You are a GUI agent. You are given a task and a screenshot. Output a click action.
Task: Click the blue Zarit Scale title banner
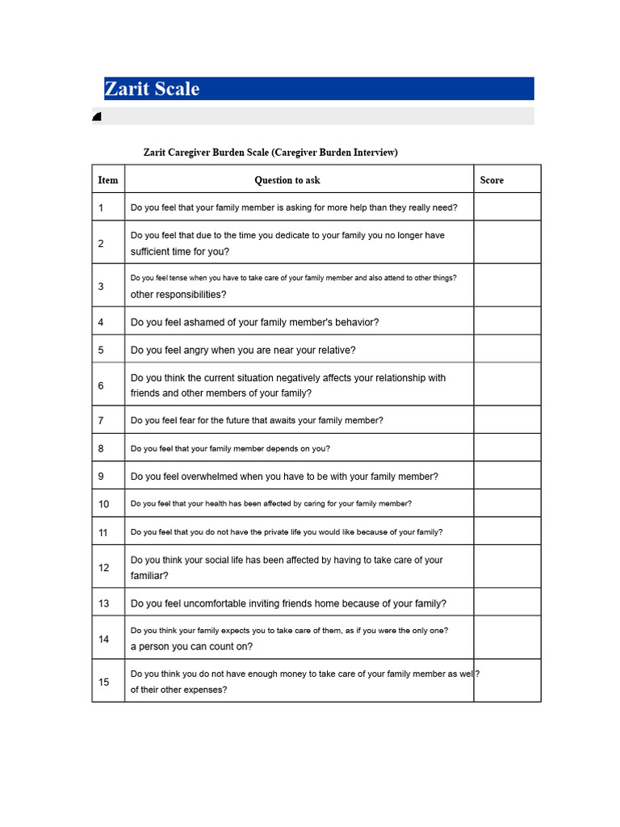319,89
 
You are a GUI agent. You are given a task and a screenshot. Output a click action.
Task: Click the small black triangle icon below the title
97,117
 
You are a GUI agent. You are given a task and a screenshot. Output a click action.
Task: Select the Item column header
108,180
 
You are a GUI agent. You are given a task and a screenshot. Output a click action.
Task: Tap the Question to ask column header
287,180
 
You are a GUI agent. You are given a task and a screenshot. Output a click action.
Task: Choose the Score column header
492,180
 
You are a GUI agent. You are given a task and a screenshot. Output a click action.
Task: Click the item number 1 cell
102,208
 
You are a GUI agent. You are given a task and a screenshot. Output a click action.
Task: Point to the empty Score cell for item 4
507,322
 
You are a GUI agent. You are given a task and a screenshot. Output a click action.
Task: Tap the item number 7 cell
102,421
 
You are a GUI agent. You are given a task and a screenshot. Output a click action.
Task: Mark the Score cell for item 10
507,504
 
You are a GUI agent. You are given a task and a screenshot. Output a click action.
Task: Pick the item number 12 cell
104,568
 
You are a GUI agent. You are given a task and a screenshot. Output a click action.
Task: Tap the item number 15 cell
104,682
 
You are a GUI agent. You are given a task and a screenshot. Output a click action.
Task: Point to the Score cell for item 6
507,385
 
